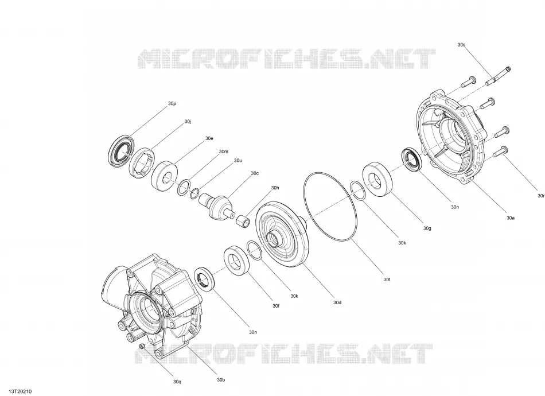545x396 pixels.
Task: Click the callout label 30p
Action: tap(172, 104)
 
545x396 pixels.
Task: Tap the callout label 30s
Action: tap(461, 45)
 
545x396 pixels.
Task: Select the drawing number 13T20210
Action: tap(21, 391)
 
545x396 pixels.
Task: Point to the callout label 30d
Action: tap(337, 302)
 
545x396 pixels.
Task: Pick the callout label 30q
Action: tap(177, 382)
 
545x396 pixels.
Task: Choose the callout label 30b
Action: tap(221, 380)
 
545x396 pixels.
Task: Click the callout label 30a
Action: tap(510, 218)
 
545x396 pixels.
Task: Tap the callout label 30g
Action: tap(427, 228)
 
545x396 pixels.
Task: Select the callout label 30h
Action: tap(275, 188)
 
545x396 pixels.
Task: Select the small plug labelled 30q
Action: tap(142, 346)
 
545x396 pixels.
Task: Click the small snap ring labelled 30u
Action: tap(195, 193)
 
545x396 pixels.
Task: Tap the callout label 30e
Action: tap(209, 138)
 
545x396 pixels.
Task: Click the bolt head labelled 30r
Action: tap(504, 149)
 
